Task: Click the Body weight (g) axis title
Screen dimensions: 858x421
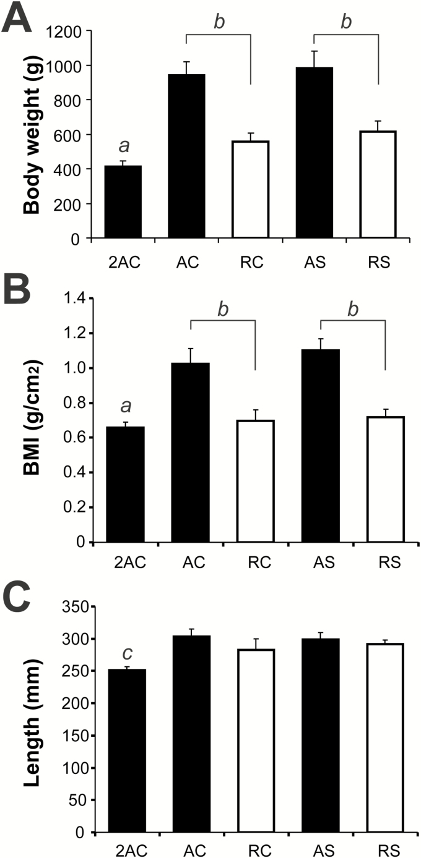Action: coord(32,134)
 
